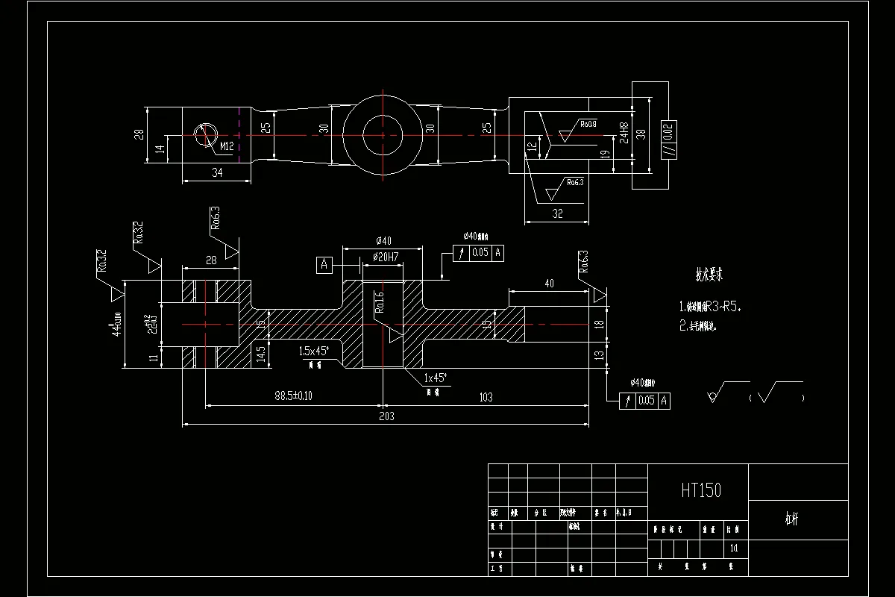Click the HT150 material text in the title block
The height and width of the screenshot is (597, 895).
(x=700, y=490)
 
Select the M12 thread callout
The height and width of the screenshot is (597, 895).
(x=227, y=147)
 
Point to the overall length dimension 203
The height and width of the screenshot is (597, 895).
(x=386, y=416)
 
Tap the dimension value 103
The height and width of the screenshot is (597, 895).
(x=485, y=397)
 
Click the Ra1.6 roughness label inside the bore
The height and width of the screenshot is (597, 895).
(x=379, y=301)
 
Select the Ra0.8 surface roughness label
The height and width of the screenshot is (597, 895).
(x=588, y=123)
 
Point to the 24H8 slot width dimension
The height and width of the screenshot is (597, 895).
(x=624, y=133)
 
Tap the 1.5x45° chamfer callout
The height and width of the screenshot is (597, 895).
(x=314, y=351)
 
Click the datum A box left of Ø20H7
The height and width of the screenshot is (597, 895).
(x=324, y=264)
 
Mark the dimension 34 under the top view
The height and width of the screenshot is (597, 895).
(x=217, y=172)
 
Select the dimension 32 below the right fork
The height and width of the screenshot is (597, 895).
(x=557, y=213)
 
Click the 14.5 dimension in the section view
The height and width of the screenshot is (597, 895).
(x=261, y=353)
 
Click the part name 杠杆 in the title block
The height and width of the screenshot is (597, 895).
(x=791, y=520)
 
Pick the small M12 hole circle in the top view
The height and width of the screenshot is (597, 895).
(x=204, y=135)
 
